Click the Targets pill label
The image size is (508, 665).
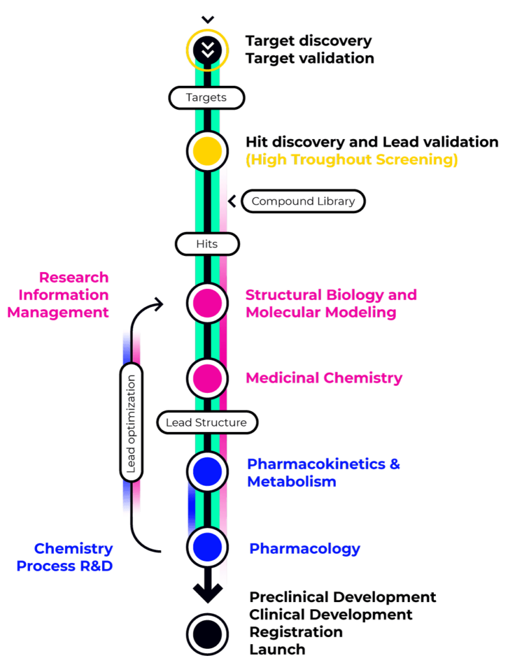[207, 97]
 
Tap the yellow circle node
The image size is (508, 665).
[207, 151]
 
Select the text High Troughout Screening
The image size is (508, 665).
[351, 160]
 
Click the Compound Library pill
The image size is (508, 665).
[303, 201]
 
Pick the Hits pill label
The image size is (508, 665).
[207, 245]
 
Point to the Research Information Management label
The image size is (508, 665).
[58, 295]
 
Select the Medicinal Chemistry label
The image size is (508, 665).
[324, 378]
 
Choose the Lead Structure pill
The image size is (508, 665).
[207, 423]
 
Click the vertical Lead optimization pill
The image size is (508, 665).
[131, 423]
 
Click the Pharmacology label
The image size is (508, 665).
[305, 549]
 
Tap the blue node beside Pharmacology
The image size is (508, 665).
[207, 547]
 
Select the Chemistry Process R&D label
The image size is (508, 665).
[65, 557]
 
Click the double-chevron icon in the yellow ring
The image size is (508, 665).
[207, 50]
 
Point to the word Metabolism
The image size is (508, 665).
[292, 482]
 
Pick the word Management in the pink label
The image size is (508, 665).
[58, 312]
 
